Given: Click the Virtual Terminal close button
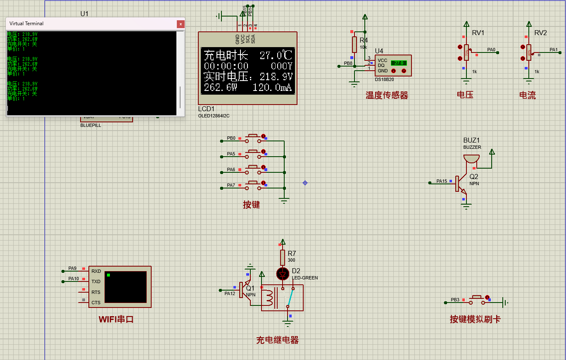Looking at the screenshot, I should (181, 24).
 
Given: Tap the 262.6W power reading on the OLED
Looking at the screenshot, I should (220, 88).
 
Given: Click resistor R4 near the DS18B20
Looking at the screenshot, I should (354, 44).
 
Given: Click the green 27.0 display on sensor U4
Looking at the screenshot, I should (399, 63).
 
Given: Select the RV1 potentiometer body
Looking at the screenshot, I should (466, 52).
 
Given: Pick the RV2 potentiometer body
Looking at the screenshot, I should (528, 52).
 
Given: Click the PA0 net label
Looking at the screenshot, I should (491, 50).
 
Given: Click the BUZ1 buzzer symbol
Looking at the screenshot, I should (471, 159).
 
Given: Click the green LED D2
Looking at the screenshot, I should (283, 273).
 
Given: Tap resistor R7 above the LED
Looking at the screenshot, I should (283, 257).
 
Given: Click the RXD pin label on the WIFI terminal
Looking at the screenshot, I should (96, 271).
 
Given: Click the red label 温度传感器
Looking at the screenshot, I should (387, 96).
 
